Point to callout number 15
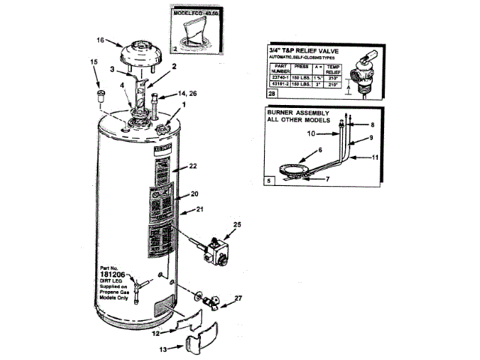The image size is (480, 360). pyautogui.click(x=94, y=62)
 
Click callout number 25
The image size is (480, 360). pyautogui.click(x=237, y=225)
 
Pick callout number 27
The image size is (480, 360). pyautogui.click(x=238, y=299)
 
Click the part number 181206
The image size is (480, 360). pyautogui.click(x=108, y=275)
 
